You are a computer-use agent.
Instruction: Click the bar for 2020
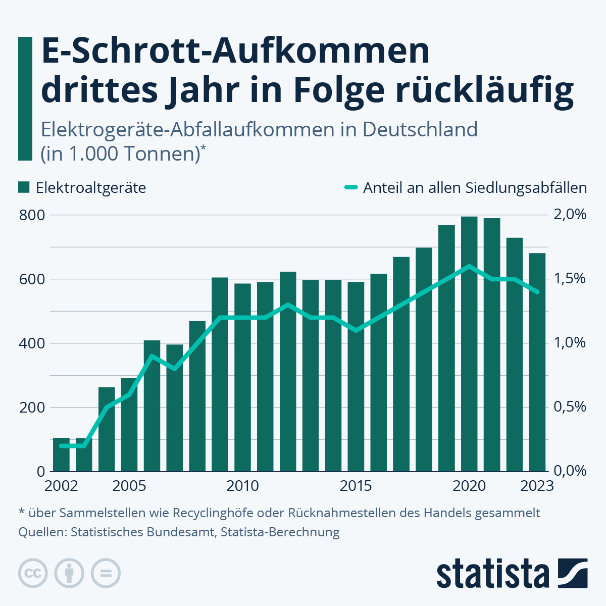[469, 343]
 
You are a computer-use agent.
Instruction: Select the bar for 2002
[61, 454]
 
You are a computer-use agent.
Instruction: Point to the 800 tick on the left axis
[32, 215]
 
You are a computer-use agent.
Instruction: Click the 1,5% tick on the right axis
[570, 279]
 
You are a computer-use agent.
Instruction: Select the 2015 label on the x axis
[356, 486]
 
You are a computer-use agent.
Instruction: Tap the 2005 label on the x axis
[129, 486]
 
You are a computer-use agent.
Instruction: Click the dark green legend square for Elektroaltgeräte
[24, 188]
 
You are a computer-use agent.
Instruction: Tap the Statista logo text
[493, 574]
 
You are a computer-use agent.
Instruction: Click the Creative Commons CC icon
[33, 574]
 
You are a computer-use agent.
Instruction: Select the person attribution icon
[69, 574]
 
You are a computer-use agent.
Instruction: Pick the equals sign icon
[106, 574]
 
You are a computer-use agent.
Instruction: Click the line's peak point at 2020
[469, 266]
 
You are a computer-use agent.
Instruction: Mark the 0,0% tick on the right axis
[570, 471]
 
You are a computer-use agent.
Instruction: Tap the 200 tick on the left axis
[32, 407]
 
